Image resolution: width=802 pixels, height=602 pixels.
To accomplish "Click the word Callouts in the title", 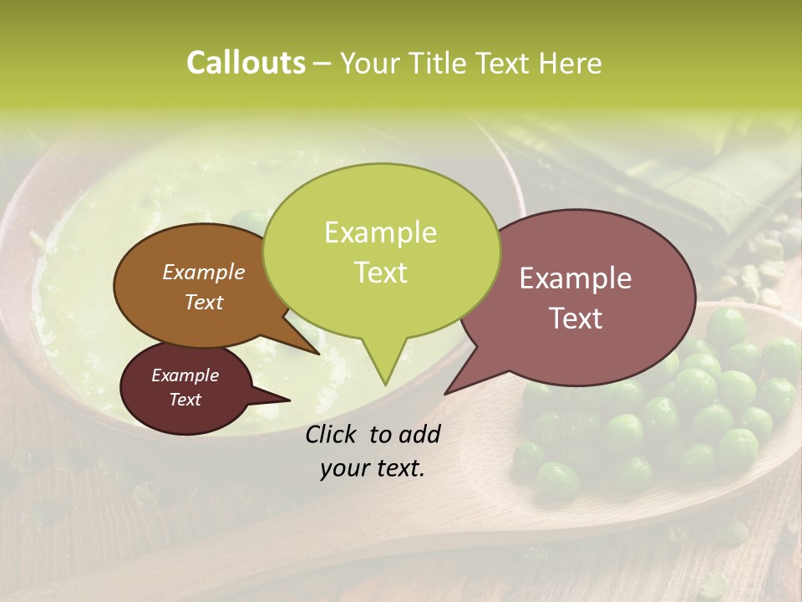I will pos(246,63).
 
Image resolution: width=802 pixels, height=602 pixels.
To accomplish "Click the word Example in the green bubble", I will pos(380,232).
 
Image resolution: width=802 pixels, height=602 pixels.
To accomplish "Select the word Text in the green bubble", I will pos(380,273).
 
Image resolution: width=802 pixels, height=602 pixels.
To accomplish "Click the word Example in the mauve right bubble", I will pos(576,278).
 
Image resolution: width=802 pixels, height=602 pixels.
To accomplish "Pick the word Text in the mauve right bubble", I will pos(576,319).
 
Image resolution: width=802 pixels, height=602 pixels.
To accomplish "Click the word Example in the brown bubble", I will pos(203,273).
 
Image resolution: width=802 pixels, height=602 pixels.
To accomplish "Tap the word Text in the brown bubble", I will pos(203,303).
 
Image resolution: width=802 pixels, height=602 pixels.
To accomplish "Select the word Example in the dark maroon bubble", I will pos(185,375).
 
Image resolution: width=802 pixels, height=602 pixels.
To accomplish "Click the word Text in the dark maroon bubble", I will pos(185,400).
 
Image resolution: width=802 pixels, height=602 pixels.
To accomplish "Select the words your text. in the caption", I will pos(373,469).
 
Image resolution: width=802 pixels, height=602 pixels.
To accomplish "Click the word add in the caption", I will pos(419,434).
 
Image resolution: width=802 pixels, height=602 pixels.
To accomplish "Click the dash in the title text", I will pos(322,64).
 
